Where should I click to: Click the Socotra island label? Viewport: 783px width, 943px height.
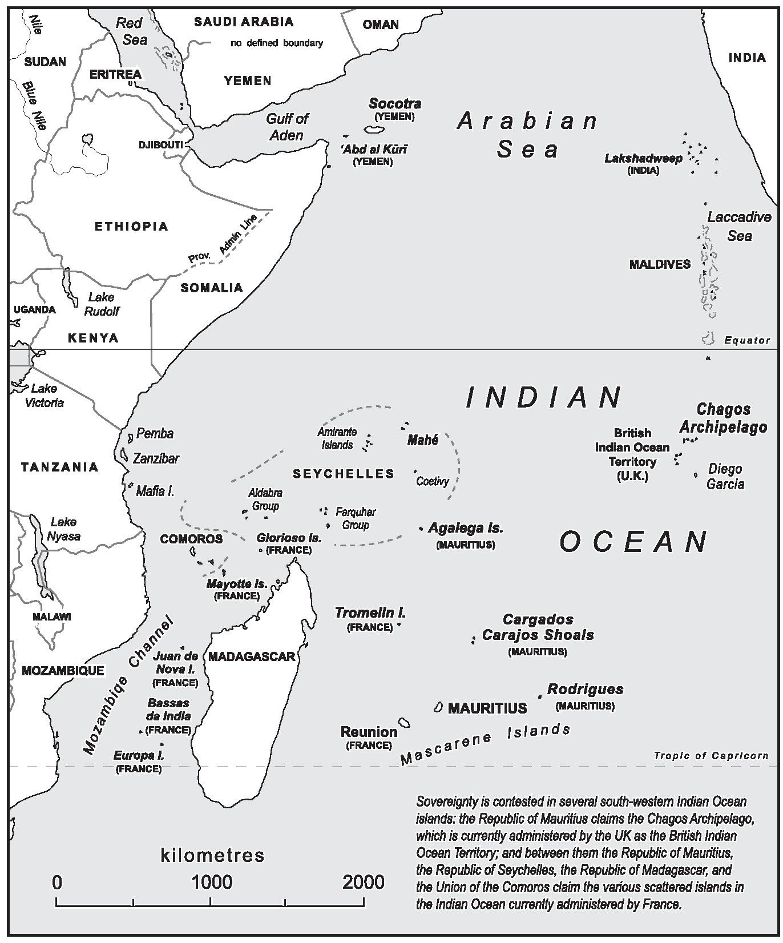coord(395,104)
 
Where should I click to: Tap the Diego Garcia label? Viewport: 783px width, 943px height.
coord(725,477)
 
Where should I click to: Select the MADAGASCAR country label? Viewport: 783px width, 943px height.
coord(252,656)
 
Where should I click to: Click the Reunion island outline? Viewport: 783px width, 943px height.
coord(404,723)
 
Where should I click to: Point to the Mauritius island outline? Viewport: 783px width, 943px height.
coord(438,707)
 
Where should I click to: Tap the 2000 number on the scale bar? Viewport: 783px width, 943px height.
coord(364,882)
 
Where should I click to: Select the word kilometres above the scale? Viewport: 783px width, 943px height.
coord(213,856)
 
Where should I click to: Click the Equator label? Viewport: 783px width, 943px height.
coord(747,340)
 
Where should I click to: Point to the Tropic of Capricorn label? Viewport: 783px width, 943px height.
coord(711,756)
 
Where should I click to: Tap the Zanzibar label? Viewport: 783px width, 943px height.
coord(156,458)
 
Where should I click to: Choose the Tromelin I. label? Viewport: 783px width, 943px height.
coord(370,613)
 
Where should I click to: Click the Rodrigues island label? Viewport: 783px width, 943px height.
coord(585,689)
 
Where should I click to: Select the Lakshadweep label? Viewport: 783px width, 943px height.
coord(643,158)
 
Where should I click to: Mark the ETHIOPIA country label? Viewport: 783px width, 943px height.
coord(131,227)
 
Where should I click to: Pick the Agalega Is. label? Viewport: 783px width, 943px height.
coord(466,528)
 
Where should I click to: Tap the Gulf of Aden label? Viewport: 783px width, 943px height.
coord(287,127)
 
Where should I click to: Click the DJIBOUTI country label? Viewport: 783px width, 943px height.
coord(160,145)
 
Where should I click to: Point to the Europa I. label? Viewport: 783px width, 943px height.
coord(139,756)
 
